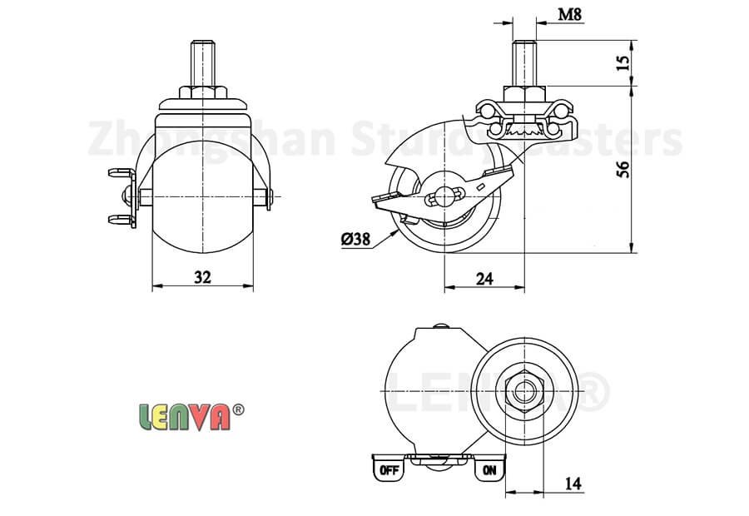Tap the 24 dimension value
(x=484, y=278)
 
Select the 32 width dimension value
(x=202, y=278)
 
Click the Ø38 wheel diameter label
(x=355, y=240)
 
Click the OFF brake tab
(x=389, y=470)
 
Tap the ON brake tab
(x=489, y=470)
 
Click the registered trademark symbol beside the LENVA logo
(x=237, y=409)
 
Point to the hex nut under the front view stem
(x=202, y=89)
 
